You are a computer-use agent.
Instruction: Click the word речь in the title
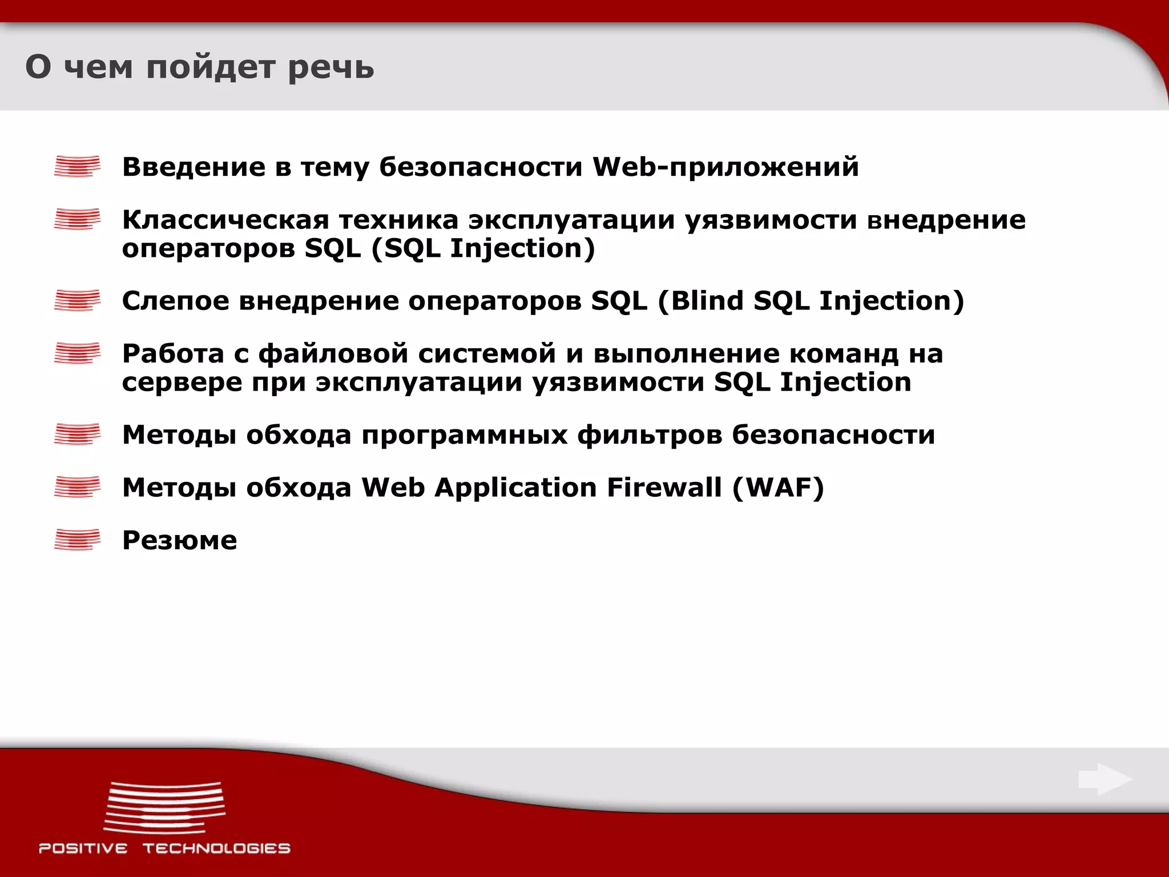[330, 67]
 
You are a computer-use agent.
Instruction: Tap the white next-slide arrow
[1104, 779]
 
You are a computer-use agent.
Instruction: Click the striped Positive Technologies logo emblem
[164, 808]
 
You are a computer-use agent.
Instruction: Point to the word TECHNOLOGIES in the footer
[216, 848]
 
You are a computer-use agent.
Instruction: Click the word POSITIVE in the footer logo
[83, 848]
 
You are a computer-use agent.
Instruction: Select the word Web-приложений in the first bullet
[725, 167]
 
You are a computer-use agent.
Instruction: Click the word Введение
[194, 167]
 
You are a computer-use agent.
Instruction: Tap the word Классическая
[226, 220]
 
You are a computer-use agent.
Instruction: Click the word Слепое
[175, 301]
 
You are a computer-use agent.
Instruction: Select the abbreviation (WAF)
[778, 487]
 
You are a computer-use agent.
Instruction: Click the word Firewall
[664, 487]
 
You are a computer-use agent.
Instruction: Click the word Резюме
[179, 540]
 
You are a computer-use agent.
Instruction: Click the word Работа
[173, 353]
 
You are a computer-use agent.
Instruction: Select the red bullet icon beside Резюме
[77, 540]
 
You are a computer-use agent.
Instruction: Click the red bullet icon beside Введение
[77, 166]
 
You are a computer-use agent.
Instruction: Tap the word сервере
[182, 382]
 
